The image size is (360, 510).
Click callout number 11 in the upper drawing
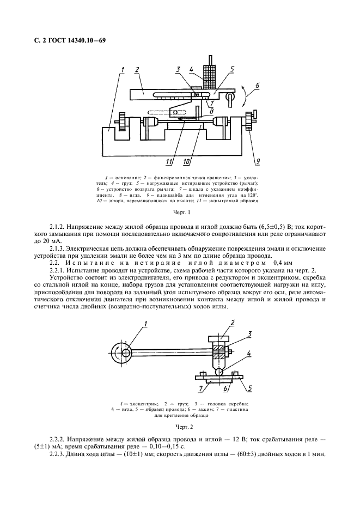169,161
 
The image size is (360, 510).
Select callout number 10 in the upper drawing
187,161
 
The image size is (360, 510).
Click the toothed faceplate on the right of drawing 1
251,120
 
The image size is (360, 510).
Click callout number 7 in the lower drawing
200,387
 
